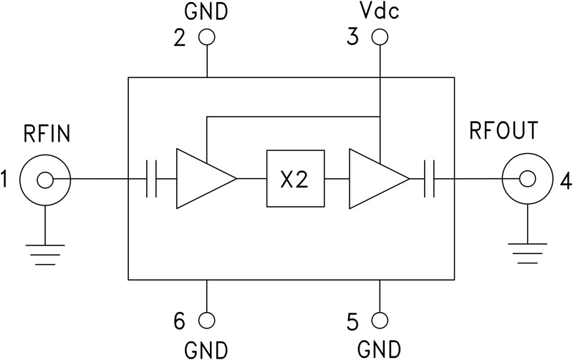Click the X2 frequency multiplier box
pyautogui.click(x=294, y=179)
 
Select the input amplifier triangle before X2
pyautogui.click(x=201, y=179)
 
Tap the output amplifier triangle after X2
pyautogui.click(x=374, y=179)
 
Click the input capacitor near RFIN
pyautogui.click(x=151, y=179)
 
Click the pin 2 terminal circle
pyautogui.click(x=207, y=37)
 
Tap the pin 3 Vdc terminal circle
pyautogui.click(x=380, y=37)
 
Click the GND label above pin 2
pyautogui.click(x=207, y=12)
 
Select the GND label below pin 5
pyautogui.click(x=380, y=349)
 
